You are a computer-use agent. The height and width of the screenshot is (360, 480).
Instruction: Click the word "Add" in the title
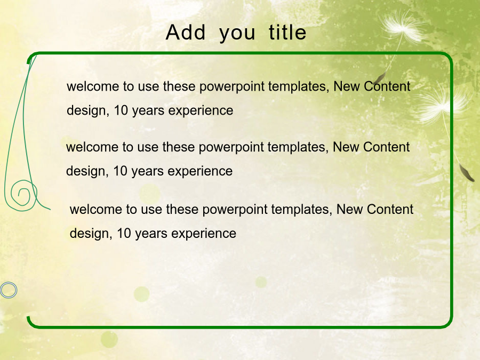[x=186, y=32]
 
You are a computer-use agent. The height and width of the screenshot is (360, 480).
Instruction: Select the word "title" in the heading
[x=287, y=32]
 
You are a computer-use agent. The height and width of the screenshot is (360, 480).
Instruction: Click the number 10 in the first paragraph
[x=121, y=110]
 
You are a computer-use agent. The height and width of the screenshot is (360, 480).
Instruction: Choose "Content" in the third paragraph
[x=390, y=210]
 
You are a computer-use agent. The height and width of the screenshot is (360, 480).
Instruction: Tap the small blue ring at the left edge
[x=9, y=290]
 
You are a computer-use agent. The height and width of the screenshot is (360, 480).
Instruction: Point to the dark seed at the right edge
[x=466, y=173]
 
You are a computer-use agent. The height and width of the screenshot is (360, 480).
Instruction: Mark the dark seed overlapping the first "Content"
[x=380, y=78]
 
